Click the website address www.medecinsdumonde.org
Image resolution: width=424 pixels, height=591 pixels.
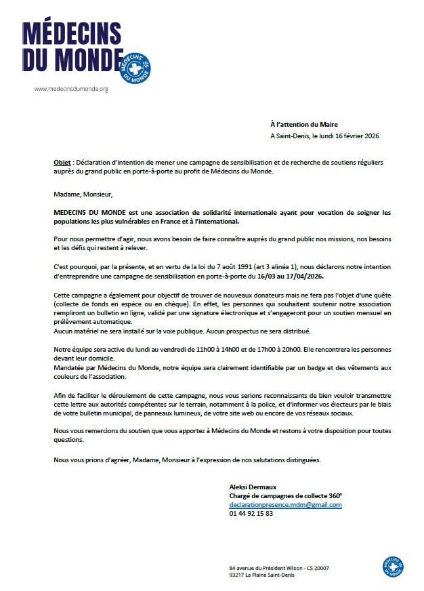(x=71, y=89)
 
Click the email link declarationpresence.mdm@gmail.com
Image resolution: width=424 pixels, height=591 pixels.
(x=285, y=505)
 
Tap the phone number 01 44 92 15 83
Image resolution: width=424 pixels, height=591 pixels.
(x=251, y=514)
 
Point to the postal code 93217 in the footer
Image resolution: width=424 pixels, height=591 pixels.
(x=238, y=575)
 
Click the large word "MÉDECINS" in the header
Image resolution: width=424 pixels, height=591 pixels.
(x=72, y=34)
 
